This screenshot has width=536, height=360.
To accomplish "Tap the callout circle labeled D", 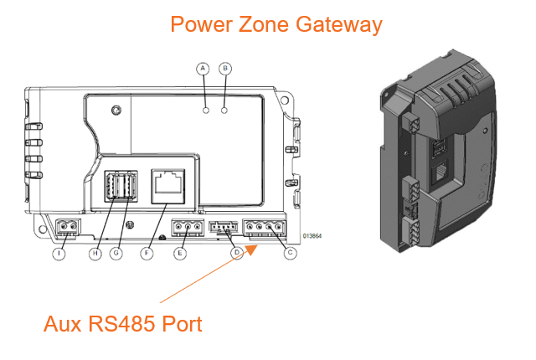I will point(237,253).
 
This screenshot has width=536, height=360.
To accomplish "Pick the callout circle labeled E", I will point(179,253).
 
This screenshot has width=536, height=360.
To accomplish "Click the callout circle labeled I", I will point(59,253).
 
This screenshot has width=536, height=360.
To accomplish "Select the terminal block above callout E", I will point(186,226).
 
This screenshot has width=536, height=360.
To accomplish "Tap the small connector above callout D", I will point(224,226).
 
